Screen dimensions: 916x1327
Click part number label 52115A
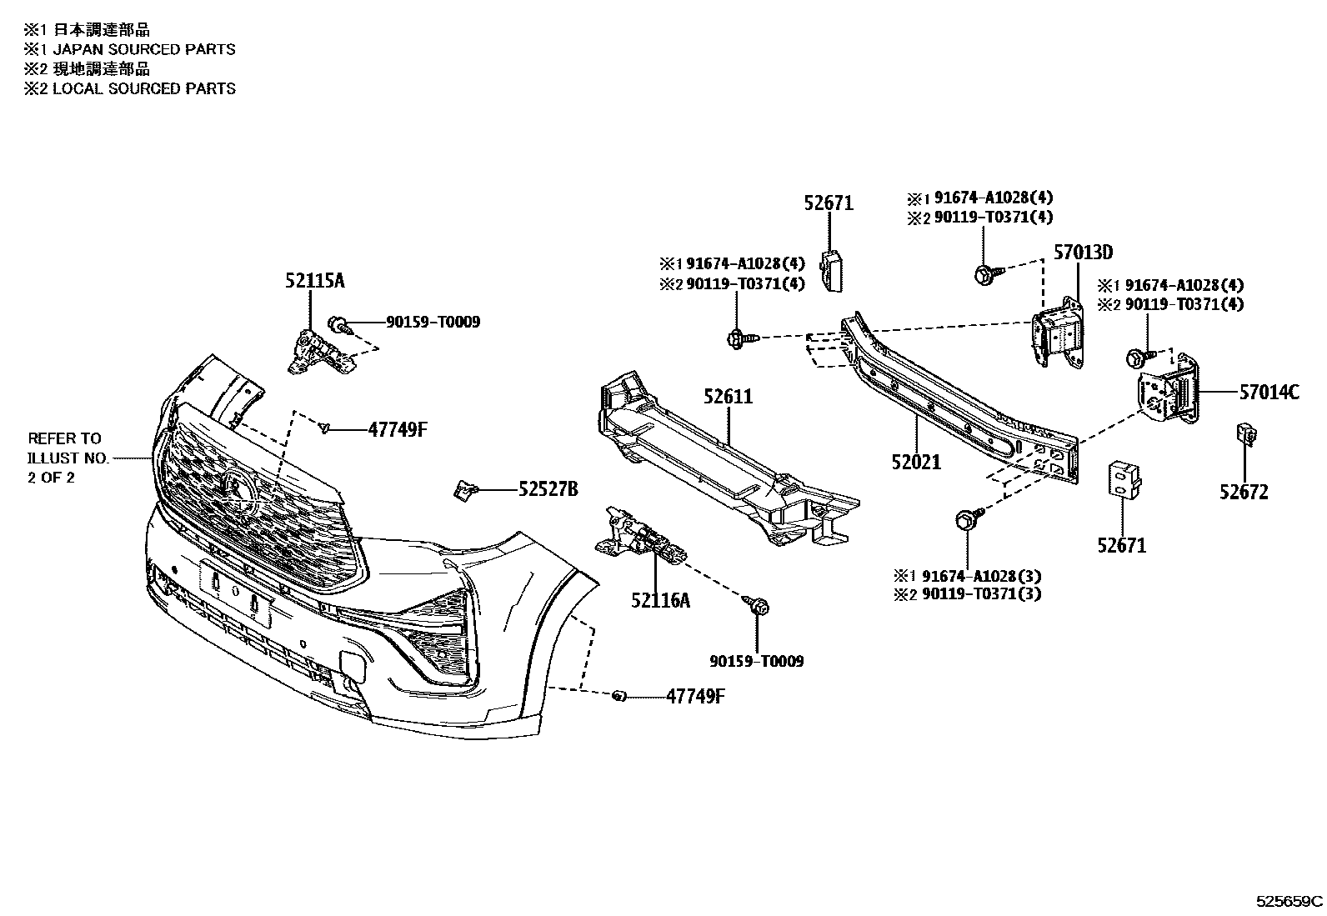click(x=314, y=282)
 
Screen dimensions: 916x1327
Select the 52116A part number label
click(x=661, y=599)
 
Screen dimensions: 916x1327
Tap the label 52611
click(x=727, y=397)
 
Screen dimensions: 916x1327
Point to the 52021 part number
click(x=915, y=462)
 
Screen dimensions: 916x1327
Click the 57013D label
click(x=1083, y=252)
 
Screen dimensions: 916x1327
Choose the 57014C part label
click(x=1269, y=391)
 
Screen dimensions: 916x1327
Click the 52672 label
click(x=1244, y=492)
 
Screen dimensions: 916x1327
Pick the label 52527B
click(x=548, y=489)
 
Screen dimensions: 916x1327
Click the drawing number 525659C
click(x=1289, y=901)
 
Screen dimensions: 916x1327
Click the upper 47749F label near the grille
click(x=397, y=429)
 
